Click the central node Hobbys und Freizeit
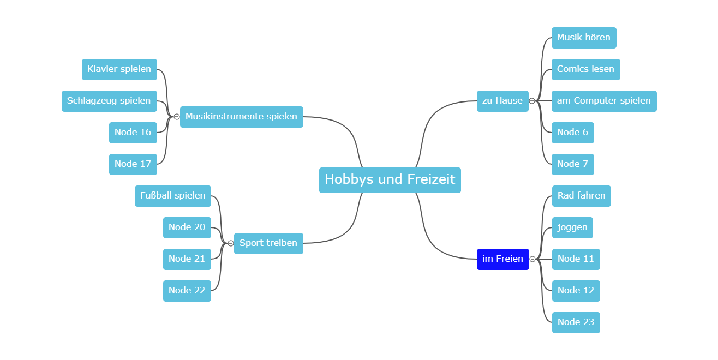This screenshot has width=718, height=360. click(x=390, y=179)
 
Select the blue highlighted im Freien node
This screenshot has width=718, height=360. click(x=502, y=259)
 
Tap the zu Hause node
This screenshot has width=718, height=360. click(x=502, y=101)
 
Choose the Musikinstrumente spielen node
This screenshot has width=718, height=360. click(x=241, y=117)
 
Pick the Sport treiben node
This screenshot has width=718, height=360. click(x=268, y=243)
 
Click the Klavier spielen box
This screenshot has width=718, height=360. click(x=119, y=69)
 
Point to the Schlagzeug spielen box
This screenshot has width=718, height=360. click(x=109, y=101)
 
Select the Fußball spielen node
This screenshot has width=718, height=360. click(x=172, y=196)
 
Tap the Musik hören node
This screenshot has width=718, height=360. click(x=583, y=38)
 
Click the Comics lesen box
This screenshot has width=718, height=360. click(x=585, y=69)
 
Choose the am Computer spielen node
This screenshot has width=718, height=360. click(x=603, y=101)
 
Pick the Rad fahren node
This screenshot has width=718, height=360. click(x=581, y=196)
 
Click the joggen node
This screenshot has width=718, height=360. click(x=572, y=227)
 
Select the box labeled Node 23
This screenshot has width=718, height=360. click(x=576, y=322)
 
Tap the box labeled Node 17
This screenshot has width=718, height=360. click(x=133, y=164)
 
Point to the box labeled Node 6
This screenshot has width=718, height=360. click(x=572, y=133)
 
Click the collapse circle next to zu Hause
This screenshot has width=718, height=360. click(x=532, y=101)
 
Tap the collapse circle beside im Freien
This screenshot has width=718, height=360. click(x=532, y=259)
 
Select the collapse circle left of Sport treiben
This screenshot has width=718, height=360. click(x=231, y=243)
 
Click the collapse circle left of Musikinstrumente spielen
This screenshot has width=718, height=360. click(x=177, y=117)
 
